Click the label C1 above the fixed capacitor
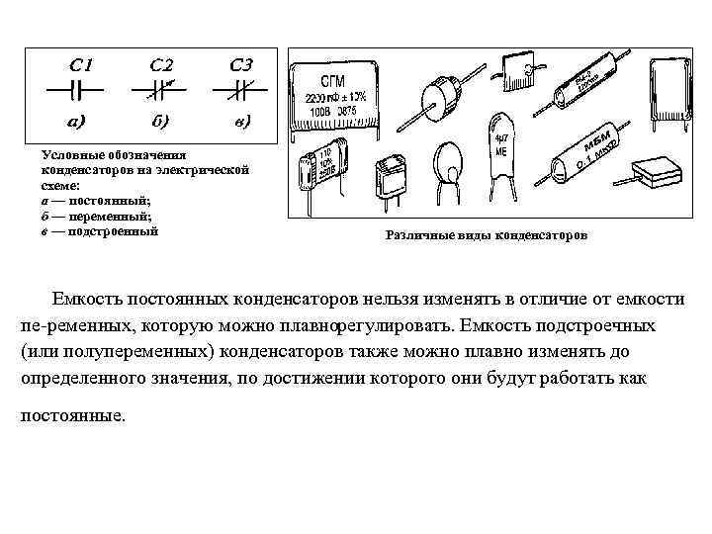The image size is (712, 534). tap(81, 65)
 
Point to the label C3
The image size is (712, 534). tap(240, 65)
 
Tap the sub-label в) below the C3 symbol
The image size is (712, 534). tap(241, 123)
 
